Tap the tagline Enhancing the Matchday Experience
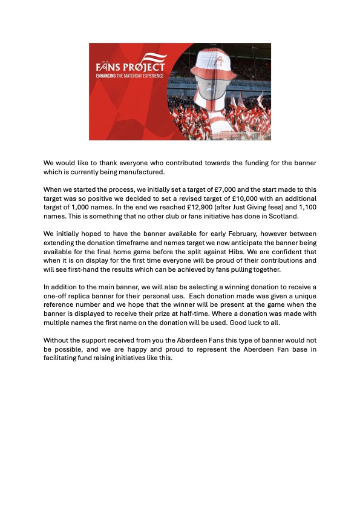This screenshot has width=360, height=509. click(131, 75)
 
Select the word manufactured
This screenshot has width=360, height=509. click(139, 172)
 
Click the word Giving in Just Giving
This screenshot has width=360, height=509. click(244, 207)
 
